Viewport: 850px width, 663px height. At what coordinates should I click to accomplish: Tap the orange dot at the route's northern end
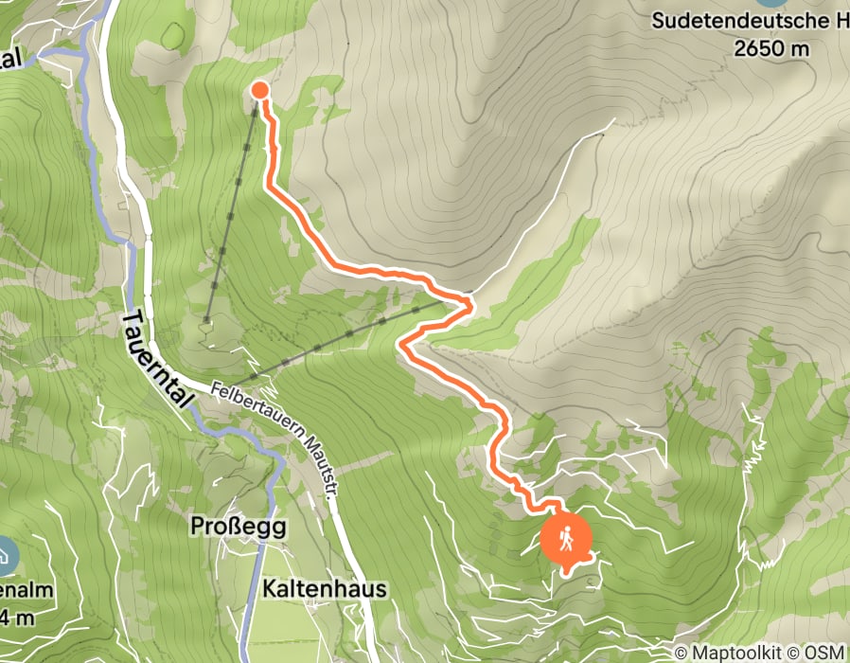259,90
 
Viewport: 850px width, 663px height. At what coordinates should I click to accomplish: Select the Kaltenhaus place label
325,589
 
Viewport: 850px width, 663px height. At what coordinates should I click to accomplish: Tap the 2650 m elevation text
773,47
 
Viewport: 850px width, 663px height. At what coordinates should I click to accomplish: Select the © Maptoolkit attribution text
732,653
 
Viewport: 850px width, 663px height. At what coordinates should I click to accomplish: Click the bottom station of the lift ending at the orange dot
206,321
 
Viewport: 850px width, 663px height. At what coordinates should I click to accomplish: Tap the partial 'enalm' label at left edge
26,590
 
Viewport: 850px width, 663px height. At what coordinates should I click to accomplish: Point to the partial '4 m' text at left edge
19,618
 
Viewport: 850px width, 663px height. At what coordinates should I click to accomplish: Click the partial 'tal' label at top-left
11,59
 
